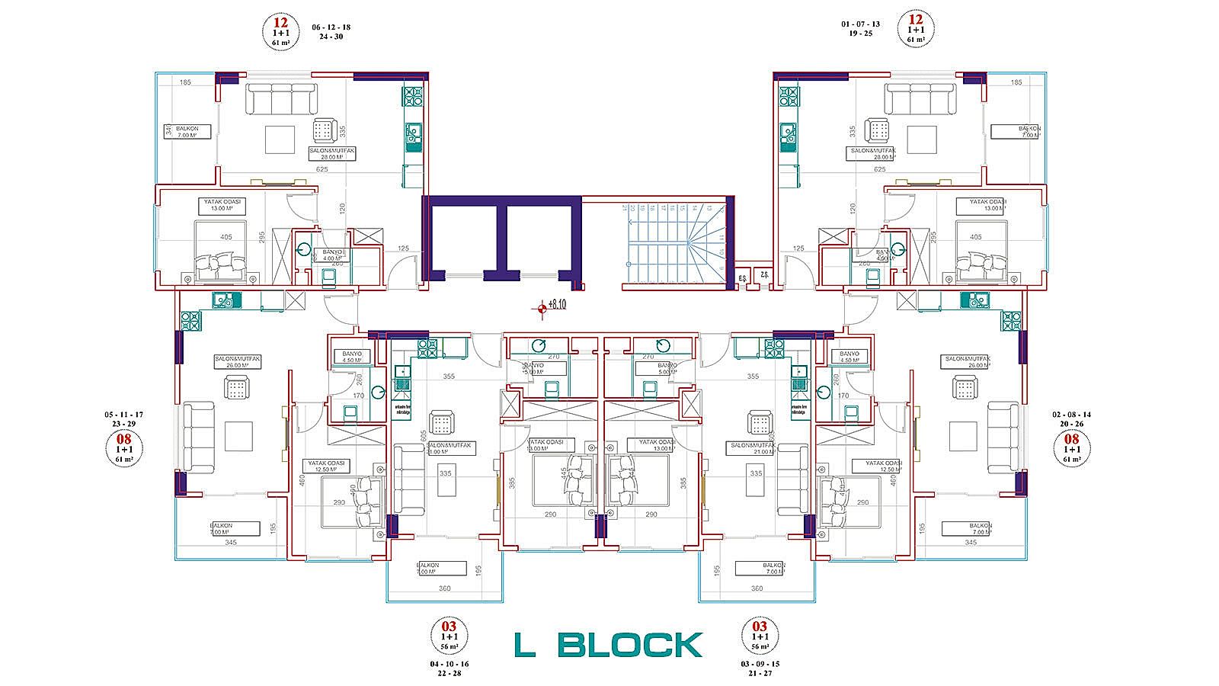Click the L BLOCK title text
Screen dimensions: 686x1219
point(607,645)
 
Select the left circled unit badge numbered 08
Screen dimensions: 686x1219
point(123,449)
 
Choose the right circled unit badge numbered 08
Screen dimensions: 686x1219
point(1071,448)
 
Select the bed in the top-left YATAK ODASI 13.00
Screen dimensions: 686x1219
point(220,252)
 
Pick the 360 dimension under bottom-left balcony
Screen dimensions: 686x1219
point(445,588)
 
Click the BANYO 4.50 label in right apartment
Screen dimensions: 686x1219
point(849,357)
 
